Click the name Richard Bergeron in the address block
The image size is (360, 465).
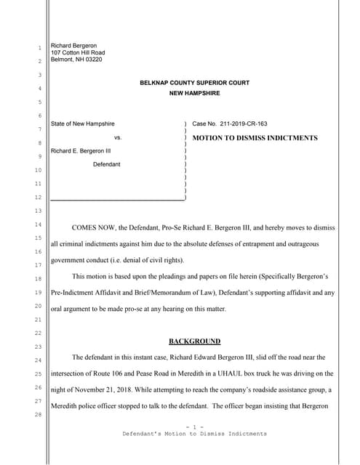click(73, 46)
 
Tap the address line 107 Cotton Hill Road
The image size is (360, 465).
click(78, 53)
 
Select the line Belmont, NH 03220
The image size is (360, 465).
click(76, 60)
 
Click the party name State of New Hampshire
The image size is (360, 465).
click(82, 124)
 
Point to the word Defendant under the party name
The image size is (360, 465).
click(107, 165)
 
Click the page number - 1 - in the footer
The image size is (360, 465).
click(194, 427)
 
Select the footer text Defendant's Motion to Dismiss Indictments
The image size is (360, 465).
click(194, 434)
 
